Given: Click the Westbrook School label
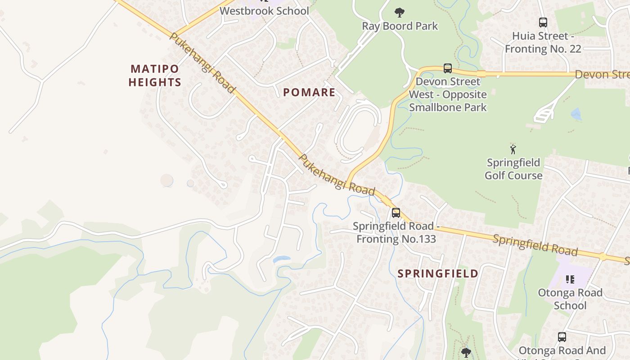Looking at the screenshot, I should [x=264, y=11].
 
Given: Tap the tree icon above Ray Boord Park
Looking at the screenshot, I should [x=399, y=12].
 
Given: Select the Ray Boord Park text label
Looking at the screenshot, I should [x=400, y=26].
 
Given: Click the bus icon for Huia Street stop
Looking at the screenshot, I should [x=543, y=22].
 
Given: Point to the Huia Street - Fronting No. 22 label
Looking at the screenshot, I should [x=543, y=42].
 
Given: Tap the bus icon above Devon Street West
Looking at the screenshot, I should [x=447, y=68].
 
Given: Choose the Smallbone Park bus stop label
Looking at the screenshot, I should [x=448, y=94].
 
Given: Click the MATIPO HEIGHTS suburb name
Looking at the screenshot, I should [x=155, y=76].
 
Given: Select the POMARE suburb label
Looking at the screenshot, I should [x=309, y=93].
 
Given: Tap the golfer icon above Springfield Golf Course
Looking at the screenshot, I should [x=513, y=149].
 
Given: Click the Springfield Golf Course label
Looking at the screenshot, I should [x=513, y=169].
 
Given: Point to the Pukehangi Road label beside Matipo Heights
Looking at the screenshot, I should [x=202, y=63].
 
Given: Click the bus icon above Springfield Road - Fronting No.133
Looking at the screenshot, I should [x=396, y=213].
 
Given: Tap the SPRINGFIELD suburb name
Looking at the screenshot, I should [x=438, y=274].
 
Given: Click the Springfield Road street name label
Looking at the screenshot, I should [x=535, y=245].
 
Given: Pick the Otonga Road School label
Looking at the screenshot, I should [x=570, y=299].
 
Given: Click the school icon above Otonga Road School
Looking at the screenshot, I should [x=570, y=279].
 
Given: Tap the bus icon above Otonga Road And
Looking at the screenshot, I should [x=562, y=337].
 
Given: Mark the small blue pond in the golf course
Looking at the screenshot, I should [x=576, y=114].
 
